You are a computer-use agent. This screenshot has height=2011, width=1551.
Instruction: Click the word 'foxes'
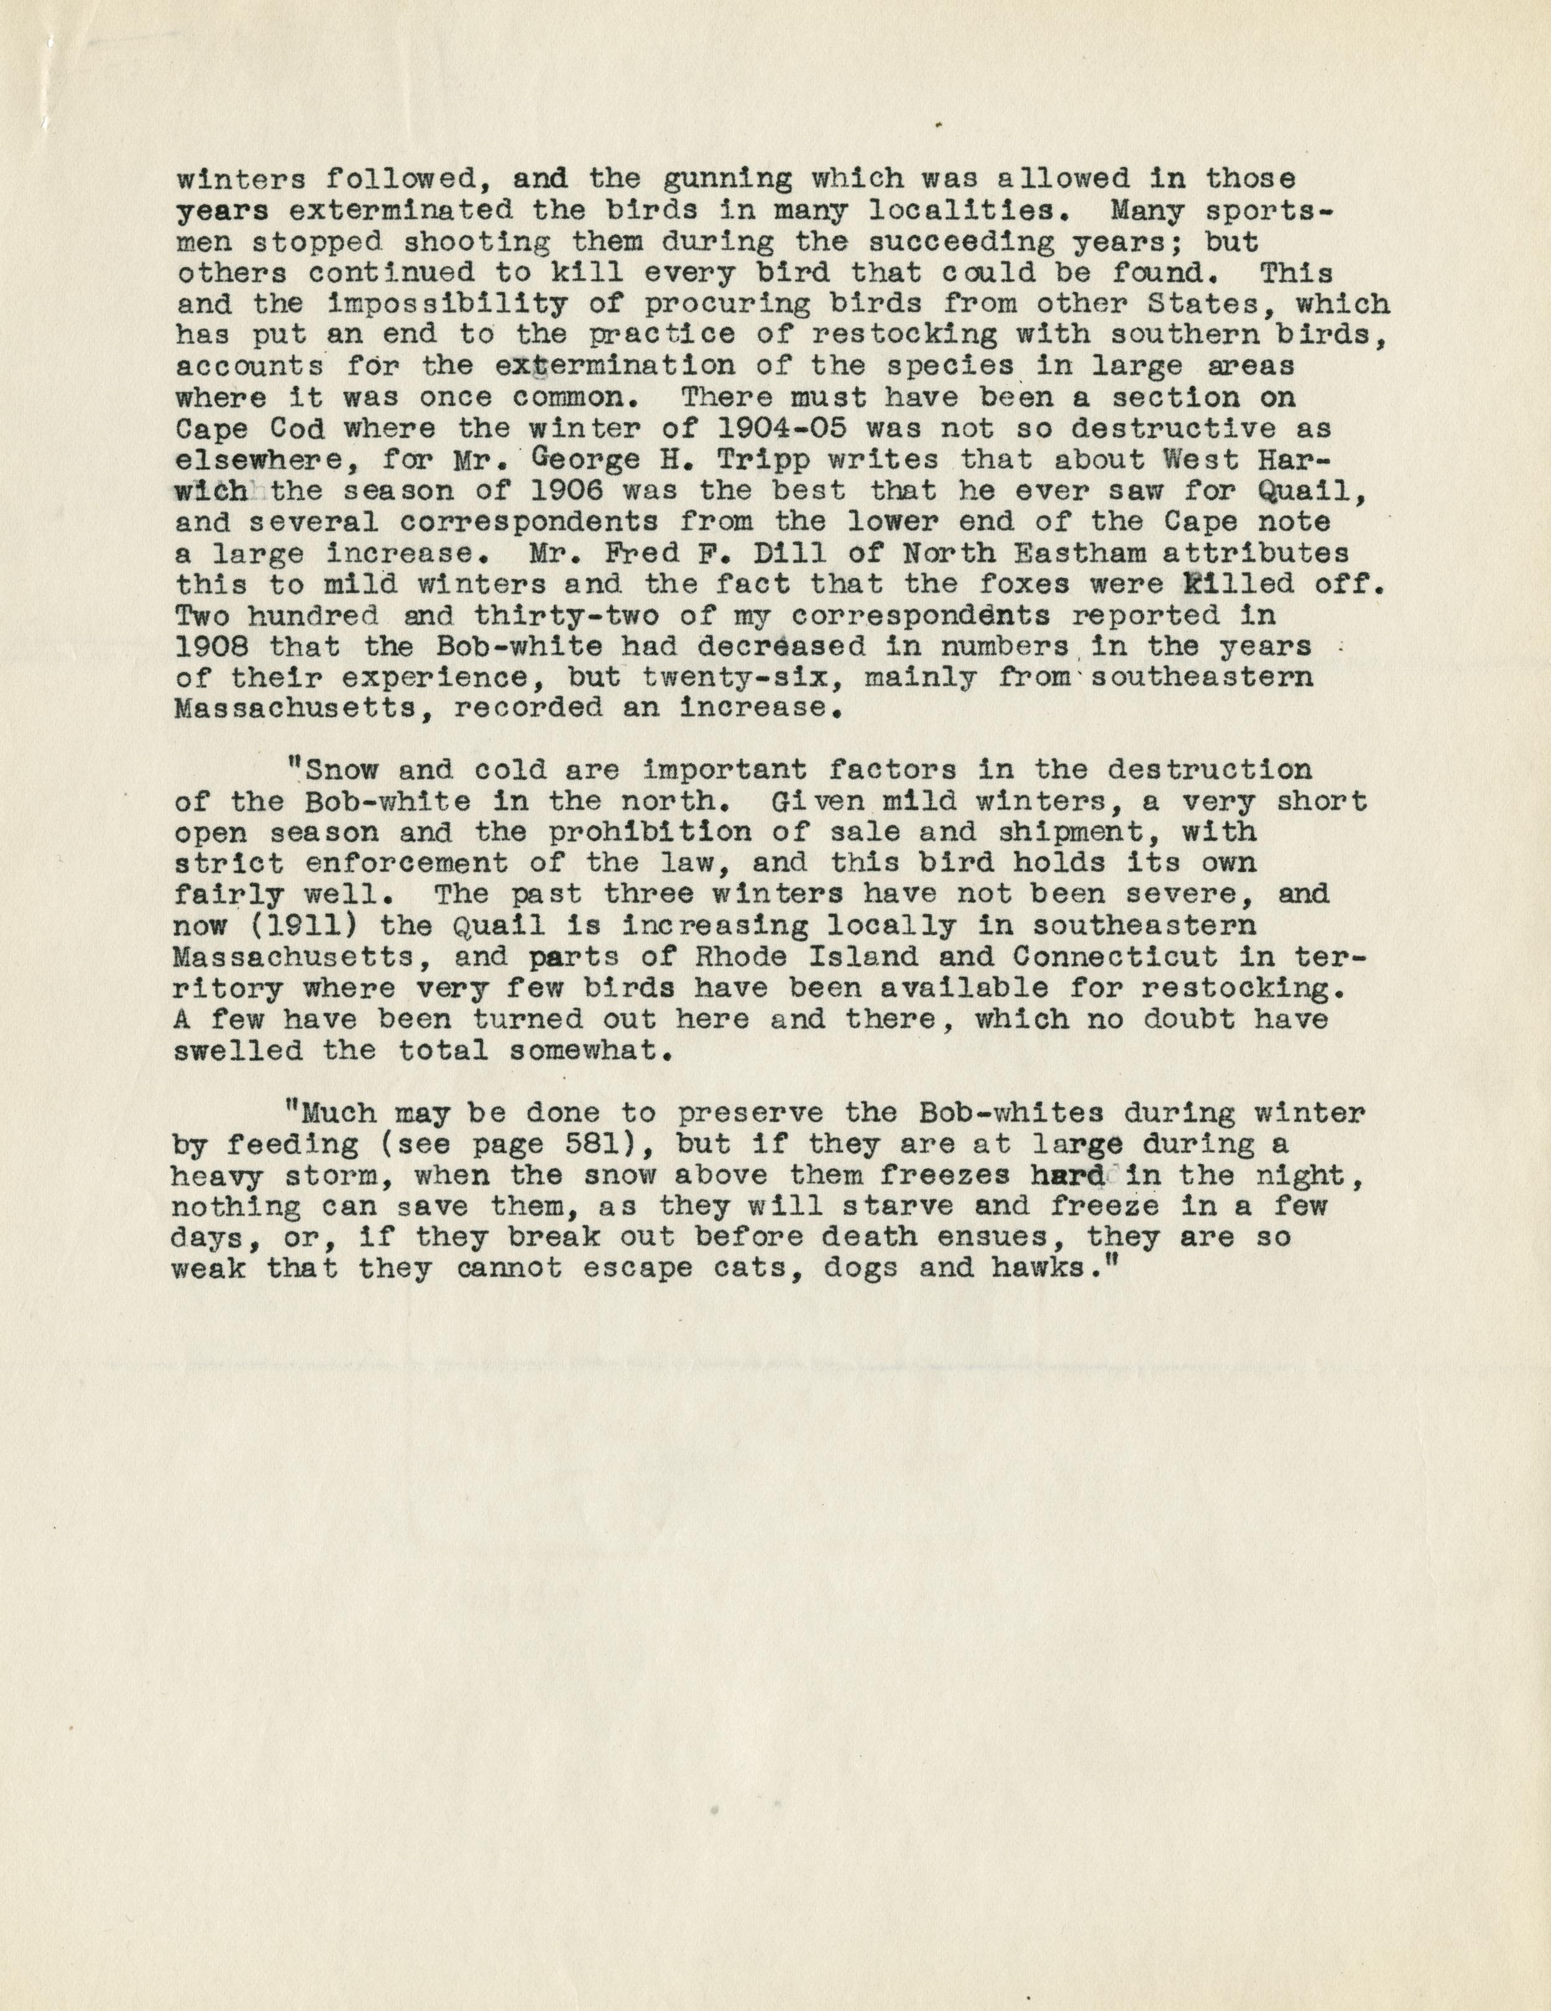[1080, 584]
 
